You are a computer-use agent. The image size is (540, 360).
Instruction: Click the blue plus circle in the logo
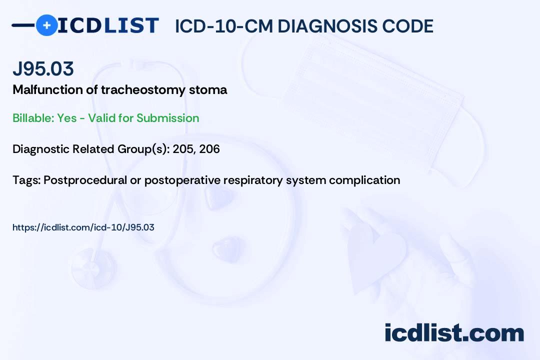click(x=46, y=25)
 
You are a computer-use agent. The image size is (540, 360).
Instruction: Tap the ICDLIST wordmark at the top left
click(x=108, y=25)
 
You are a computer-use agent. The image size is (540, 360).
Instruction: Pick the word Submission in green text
click(x=167, y=118)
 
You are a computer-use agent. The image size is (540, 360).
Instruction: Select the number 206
click(x=209, y=149)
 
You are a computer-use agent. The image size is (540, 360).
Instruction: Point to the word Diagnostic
click(x=40, y=149)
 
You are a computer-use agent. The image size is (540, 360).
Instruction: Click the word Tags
click(x=25, y=180)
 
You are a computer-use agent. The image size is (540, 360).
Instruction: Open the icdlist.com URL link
click(x=83, y=227)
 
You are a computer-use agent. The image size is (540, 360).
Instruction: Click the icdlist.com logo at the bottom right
click(x=454, y=333)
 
